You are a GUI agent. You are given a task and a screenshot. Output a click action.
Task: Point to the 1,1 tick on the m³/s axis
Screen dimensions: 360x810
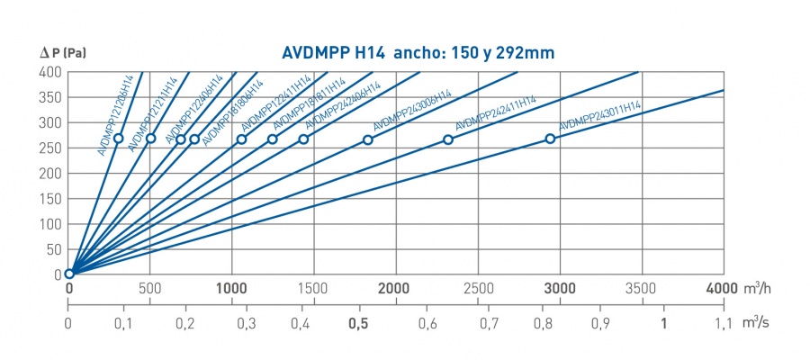(x=723, y=323)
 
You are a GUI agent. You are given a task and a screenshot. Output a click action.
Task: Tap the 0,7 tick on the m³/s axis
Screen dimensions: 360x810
(x=490, y=323)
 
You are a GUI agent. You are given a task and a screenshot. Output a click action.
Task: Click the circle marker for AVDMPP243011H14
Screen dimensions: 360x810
(x=550, y=139)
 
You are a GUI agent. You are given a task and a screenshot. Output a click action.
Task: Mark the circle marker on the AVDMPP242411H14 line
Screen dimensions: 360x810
(x=448, y=139)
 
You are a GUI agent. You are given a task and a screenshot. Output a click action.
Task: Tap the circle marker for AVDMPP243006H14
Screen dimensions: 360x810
(x=367, y=139)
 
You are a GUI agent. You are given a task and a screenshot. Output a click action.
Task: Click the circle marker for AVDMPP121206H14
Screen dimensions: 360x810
(x=119, y=138)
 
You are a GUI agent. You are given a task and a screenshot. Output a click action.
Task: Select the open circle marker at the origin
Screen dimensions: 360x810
(x=69, y=274)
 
